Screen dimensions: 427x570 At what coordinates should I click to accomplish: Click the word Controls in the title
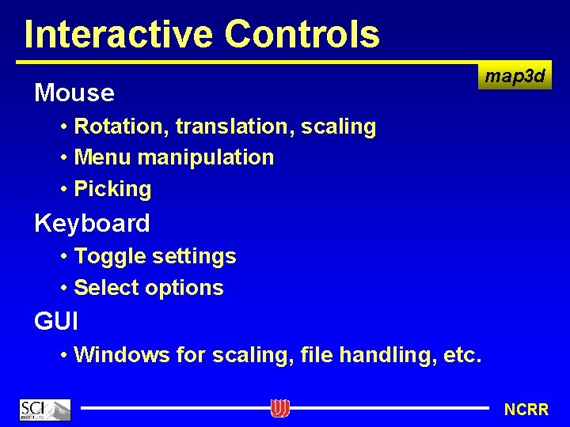pyautogui.click(x=303, y=34)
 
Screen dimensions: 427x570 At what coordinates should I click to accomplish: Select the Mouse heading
pyautogui.click(x=74, y=93)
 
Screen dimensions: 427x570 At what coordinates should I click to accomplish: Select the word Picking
pyautogui.click(x=112, y=189)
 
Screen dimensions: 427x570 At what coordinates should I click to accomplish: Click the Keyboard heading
pyautogui.click(x=92, y=223)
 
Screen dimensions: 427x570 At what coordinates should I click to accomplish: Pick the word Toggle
pyautogui.click(x=109, y=256)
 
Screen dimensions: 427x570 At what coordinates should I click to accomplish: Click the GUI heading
pyautogui.click(x=55, y=321)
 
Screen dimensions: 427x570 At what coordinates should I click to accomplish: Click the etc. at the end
pyautogui.click(x=462, y=355)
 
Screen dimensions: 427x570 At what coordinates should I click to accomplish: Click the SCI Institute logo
pyautogui.click(x=45, y=410)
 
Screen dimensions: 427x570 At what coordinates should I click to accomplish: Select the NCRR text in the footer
pyautogui.click(x=526, y=410)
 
